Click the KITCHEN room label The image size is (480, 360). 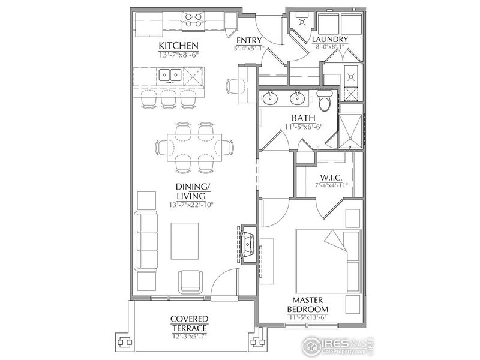(x=178, y=46)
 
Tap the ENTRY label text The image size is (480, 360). (x=249, y=40)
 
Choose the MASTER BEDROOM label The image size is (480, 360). (x=310, y=304)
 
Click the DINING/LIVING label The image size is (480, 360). (x=191, y=191)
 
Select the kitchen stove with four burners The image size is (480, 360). (x=193, y=21)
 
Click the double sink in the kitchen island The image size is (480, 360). (x=171, y=75)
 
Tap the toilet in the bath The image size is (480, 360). (x=324, y=100)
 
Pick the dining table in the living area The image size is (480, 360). (x=196, y=146)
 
